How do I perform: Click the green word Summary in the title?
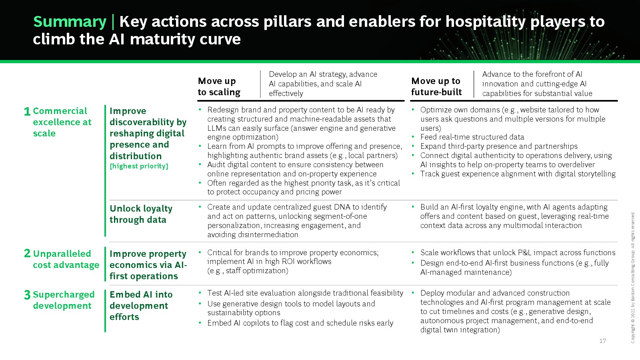click(70, 22)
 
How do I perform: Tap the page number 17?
click(602, 340)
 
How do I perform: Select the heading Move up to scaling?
click(219, 86)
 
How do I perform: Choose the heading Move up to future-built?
click(436, 86)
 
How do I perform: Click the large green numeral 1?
click(27, 112)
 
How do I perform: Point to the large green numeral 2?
click(27, 253)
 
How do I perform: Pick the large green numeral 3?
click(27, 294)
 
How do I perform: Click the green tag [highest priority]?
click(139, 166)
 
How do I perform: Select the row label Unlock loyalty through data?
click(141, 214)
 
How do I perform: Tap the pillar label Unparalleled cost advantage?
click(66, 259)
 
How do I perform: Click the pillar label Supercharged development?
click(64, 300)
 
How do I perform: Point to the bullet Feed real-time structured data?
click(472, 137)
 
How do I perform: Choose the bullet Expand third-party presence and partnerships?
click(499, 146)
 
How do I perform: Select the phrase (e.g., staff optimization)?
click(248, 270)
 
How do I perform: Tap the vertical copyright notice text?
click(633, 278)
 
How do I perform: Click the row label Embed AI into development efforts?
click(141, 306)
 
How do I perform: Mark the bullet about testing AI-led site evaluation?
click(305, 293)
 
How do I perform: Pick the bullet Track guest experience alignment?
click(518, 174)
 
